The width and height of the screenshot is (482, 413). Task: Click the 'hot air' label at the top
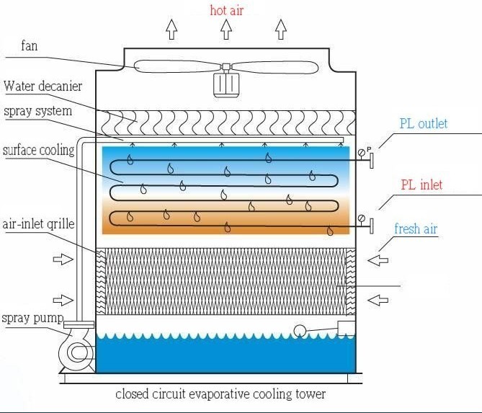pyautogui.click(x=226, y=10)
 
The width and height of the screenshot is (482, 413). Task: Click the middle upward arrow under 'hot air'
pyautogui.click(x=226, y=30)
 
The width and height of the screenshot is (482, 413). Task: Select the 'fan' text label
pyautogui.click(x=30, y=46)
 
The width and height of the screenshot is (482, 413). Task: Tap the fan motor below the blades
pyautogui.click(x=226, y=84)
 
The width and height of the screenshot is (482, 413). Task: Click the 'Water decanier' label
pyautogui.click(x=43, y=86)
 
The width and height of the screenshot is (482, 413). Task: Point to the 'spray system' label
pyautogui.click(x=37, y=112)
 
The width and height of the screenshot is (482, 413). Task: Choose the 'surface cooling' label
pyautogui.click(x=39, y=151)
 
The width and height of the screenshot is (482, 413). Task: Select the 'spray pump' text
pyautogui.click(x=32, y=318)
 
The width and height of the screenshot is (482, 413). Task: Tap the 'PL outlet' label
pyautogui.click(x=424, y=123)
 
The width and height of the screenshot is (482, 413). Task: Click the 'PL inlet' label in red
pyautogui.click(x=421, y=185)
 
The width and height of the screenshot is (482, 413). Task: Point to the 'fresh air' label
pyautogui.click(x=416, y=229)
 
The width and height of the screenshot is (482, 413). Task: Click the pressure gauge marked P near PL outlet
pyautogui.click(x=361, y=153)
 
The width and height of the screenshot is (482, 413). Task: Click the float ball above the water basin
pyautogui.click(x=299, y=331)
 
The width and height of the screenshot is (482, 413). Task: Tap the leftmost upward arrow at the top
pyautogui.click(x=171, y=30)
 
